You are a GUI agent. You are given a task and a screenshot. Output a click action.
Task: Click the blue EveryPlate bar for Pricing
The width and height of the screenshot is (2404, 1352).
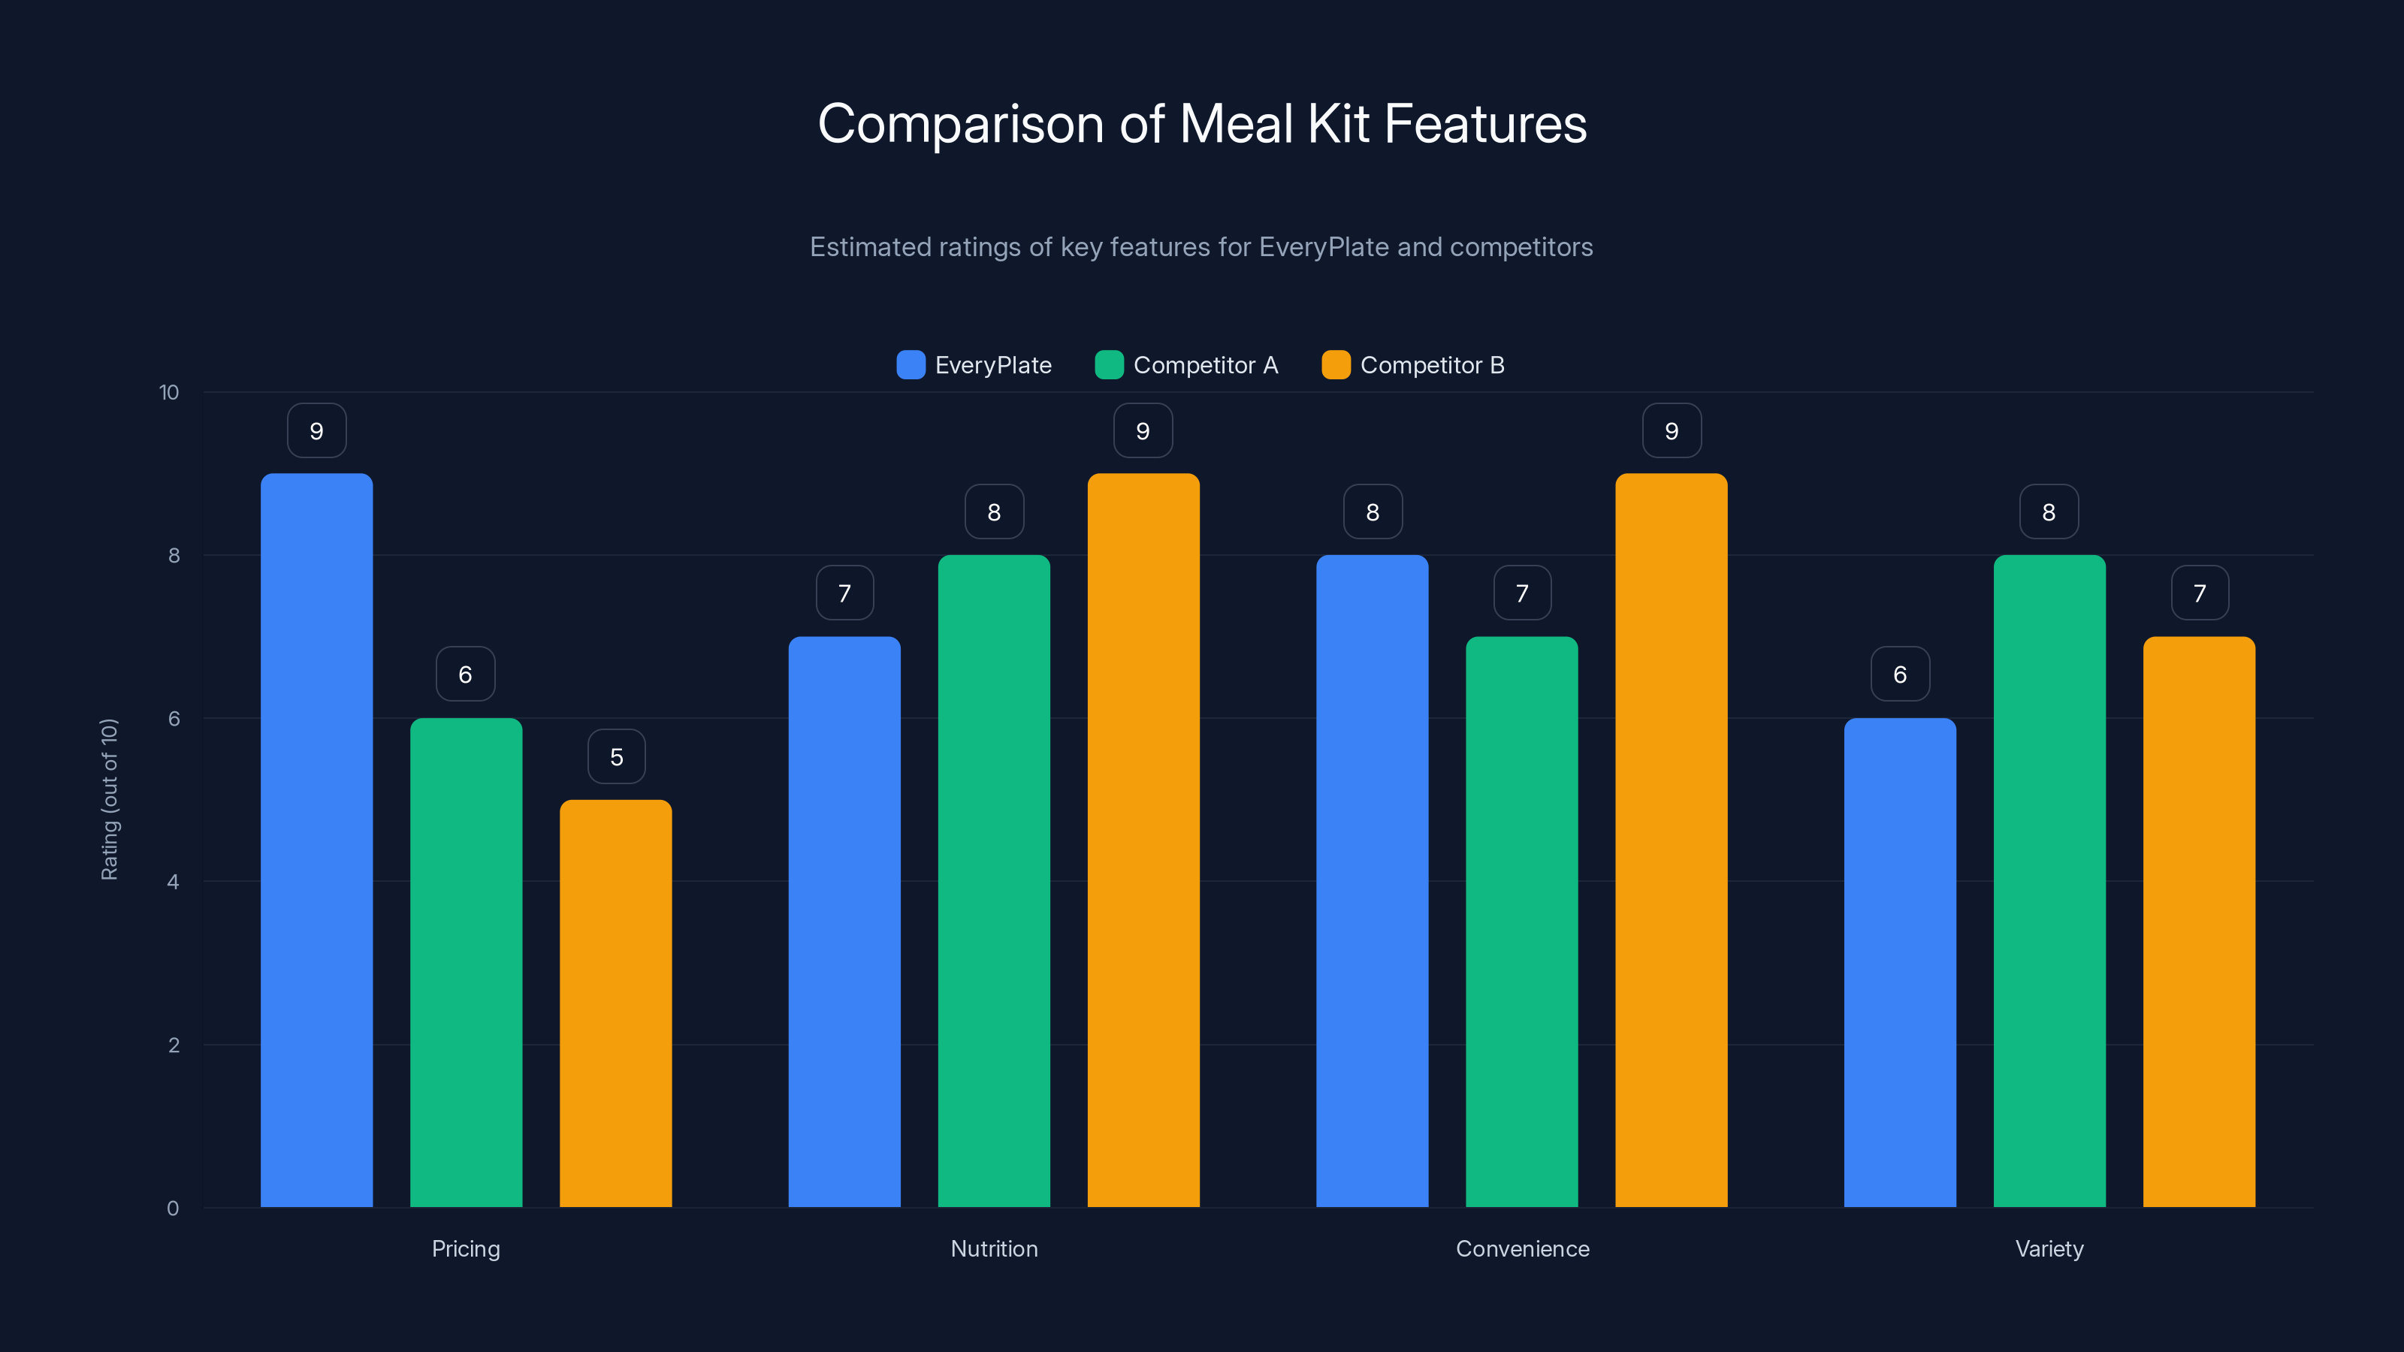coord(316,840)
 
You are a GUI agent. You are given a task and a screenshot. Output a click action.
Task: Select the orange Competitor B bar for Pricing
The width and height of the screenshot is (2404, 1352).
coord(615,1003)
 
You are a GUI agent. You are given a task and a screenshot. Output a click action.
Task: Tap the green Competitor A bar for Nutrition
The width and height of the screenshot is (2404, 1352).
coord(994,881)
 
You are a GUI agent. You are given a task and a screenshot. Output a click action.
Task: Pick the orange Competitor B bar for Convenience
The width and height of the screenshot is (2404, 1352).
coord(1671,840)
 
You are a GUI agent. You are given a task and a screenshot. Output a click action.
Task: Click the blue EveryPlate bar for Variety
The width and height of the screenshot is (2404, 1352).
coord(1899,962)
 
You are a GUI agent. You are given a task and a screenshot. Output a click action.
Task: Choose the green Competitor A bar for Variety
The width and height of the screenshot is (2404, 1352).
coord(2049,881)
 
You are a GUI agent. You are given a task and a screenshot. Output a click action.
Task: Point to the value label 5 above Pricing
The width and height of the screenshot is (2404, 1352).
coord(616,756)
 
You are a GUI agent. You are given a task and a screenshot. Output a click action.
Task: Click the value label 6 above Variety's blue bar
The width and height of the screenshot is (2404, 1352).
coord(1899,674)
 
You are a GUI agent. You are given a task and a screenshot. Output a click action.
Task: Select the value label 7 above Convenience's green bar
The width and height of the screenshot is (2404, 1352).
coord(1521,593)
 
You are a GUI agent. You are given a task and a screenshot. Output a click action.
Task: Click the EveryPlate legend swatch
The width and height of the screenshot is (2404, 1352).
coord(910,365)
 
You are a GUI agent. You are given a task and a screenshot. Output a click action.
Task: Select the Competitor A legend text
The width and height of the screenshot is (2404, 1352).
coord(1205,365)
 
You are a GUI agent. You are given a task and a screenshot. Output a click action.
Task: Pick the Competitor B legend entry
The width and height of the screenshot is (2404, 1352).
coord(1413,365)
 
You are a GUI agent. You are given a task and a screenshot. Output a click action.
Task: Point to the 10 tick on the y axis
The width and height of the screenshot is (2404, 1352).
coord(169,392)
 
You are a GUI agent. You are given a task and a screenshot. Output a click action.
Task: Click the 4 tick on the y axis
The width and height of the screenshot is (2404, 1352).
coord(173,882)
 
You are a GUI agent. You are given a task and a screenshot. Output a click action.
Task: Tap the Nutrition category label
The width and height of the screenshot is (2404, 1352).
coord(994,1248)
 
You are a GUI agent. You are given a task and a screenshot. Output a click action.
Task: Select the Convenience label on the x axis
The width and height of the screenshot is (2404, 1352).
coord(1522,1248)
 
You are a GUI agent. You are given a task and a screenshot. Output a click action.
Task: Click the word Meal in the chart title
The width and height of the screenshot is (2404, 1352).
coord(1237,123)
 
